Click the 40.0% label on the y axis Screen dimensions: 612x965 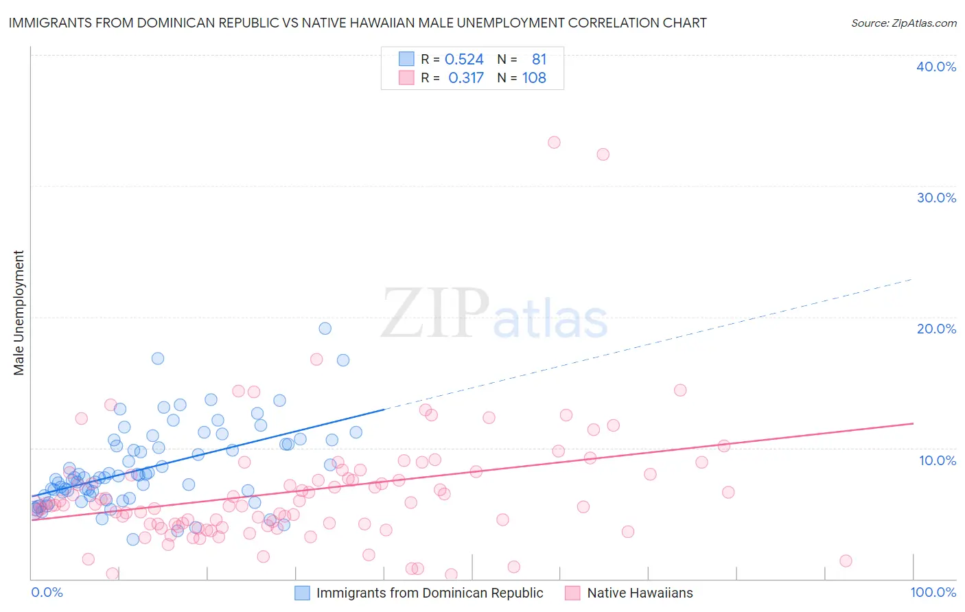pyautogui.click(x=936, y=67)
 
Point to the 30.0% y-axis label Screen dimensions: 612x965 pyautogui.click(x=936, y=198)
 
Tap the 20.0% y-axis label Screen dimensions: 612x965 pyautogui.click(x=936, y=329)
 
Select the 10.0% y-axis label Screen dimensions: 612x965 pyautogui.click(x=938, y=460)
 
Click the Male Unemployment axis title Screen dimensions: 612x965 pyautogui.click(x=19, y=313)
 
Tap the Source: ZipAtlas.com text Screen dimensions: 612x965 pyautogui.click(x=903, y=23)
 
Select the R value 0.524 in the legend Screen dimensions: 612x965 pyautogui.click(x=464, y=60)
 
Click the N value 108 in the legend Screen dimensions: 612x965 pyautogui.click(x=534, y=78)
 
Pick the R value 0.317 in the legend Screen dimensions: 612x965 pyautogui.click(x=466, y=78)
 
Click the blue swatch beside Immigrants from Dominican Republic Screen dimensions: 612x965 pyautogui.click(x=303, y=593)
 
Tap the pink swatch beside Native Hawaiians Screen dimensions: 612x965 pyautogui.click(x=573, y=593)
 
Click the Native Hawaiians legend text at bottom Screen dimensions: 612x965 pyautogui.click(x=640, y=593)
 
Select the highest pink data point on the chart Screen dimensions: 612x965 pyautogui.click(x=554, y=143)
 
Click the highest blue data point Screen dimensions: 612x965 pyautogui.click(x=325, y=329)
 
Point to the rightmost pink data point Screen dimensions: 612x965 pyautogui.click(x=846, y=561)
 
